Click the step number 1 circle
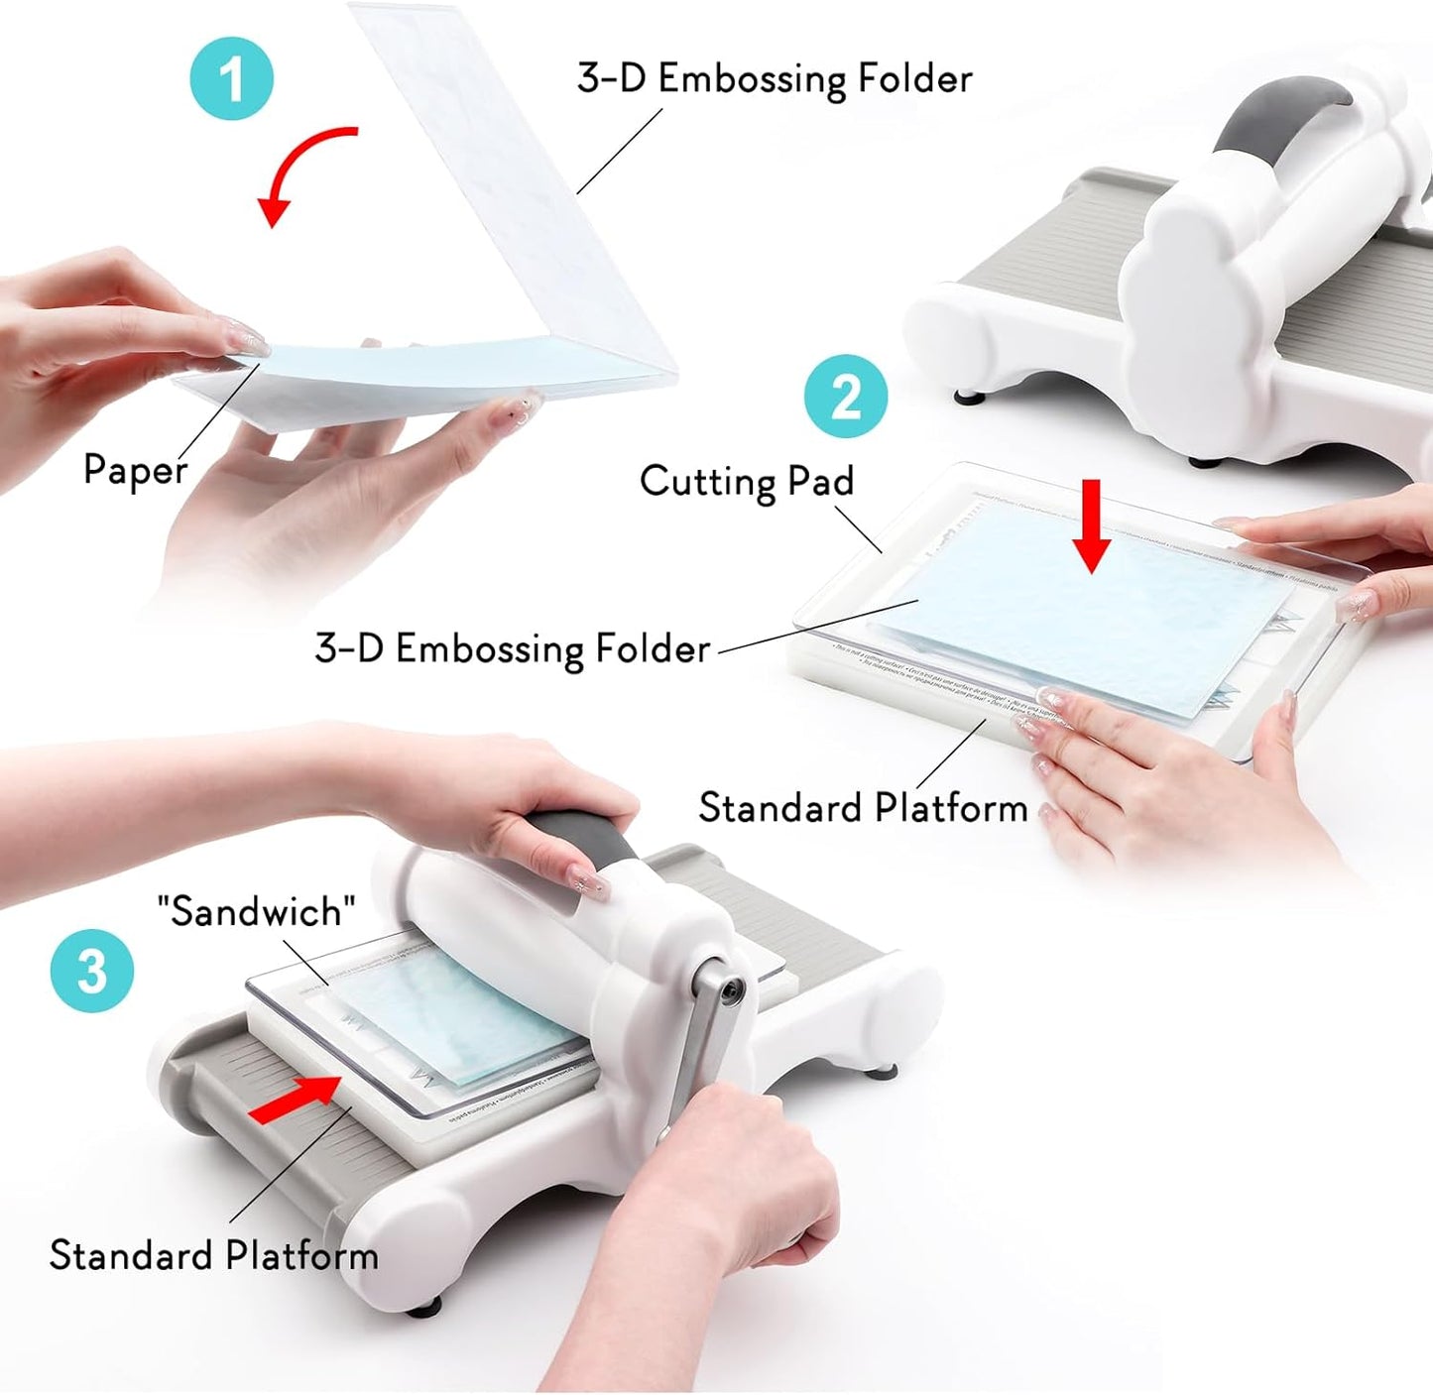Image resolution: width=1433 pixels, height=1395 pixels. coord(231,78)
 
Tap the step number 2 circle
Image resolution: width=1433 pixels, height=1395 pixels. coord(845,396)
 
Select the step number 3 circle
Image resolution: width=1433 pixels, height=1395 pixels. coord(91,970)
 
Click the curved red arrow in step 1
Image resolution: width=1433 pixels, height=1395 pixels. coord(298,169)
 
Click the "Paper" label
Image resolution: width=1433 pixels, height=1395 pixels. coord(135,469)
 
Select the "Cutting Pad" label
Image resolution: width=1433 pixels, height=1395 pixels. coord(746,481)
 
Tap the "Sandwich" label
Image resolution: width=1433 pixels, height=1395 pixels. coord(256,911)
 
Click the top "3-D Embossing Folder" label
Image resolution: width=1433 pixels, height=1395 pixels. coord(774,78)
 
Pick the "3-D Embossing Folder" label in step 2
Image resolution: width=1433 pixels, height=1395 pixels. coord(512,648)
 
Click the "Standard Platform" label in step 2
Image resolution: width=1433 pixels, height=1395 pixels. coord(862,808)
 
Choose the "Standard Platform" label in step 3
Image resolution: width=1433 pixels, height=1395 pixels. coord(213,1255)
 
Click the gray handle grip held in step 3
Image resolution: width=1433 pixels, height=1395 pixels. coord(585,843)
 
